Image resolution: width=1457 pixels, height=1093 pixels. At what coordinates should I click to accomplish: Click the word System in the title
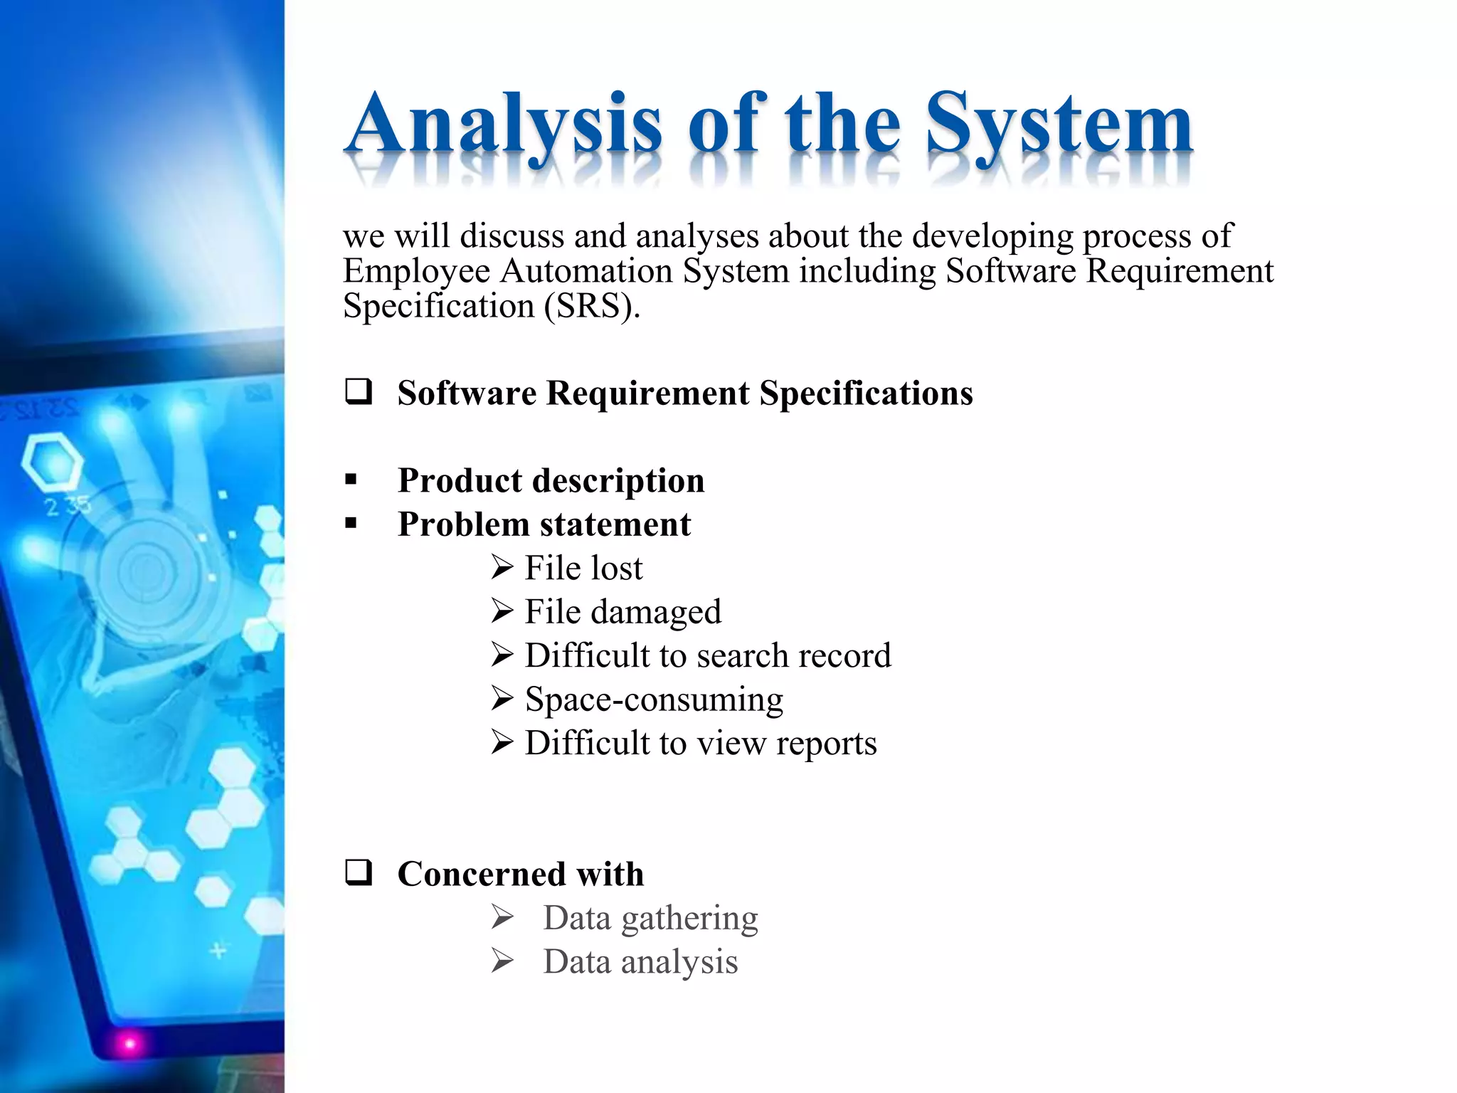click(x=1059, y=125)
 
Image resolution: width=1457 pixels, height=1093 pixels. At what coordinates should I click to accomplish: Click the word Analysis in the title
click(x=505, y=125)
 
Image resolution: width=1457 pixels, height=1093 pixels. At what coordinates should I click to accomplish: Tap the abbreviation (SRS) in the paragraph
click(x=592, y=307)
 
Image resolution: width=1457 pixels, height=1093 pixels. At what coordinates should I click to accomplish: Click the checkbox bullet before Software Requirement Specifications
click(x=359, y=392)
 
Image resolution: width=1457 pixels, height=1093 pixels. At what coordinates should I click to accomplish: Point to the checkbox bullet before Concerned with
click(x=359, y=872)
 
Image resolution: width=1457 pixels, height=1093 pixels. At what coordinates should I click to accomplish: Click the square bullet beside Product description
click(x=351, y=480)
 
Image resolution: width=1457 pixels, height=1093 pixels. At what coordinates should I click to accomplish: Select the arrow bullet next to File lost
click(x=502, y=568)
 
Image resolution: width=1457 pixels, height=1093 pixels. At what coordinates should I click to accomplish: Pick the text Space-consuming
click(x=654, y=699)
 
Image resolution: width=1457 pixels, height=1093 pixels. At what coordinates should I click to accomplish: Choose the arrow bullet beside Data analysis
click(x=502, y=962)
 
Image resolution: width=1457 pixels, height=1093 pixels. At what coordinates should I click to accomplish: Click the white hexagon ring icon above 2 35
click(x=51, y=460)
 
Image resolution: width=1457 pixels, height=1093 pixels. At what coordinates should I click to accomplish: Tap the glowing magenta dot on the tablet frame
click(x=129, y=1044)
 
